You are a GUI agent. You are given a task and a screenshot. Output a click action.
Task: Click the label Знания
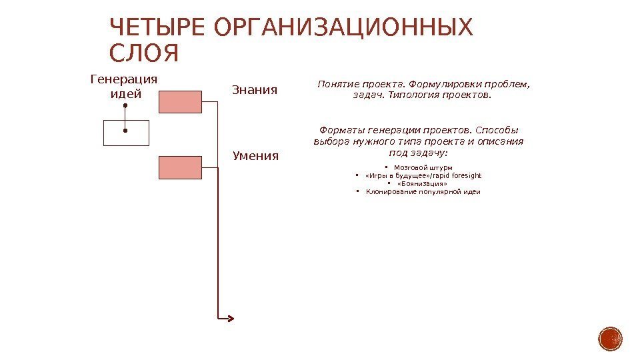coord(254,89)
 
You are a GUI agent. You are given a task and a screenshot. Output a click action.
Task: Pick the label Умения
coord(256,156)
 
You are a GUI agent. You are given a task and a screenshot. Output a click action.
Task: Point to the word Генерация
coord(124,79)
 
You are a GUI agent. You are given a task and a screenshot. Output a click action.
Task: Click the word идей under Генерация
coord(125,94)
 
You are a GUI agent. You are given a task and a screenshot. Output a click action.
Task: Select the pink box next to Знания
coord(180,101)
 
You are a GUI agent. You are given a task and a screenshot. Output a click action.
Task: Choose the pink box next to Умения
coord(180,167)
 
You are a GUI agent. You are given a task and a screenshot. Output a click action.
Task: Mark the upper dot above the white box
coord(125,105)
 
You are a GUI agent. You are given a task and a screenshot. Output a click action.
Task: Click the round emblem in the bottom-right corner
coord(610,339)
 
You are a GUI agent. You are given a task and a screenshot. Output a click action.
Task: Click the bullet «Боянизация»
coord(422,183)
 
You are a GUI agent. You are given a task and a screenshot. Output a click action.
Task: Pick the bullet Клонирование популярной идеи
coord(423,192)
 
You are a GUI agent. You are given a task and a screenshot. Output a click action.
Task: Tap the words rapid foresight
coord(459,175)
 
